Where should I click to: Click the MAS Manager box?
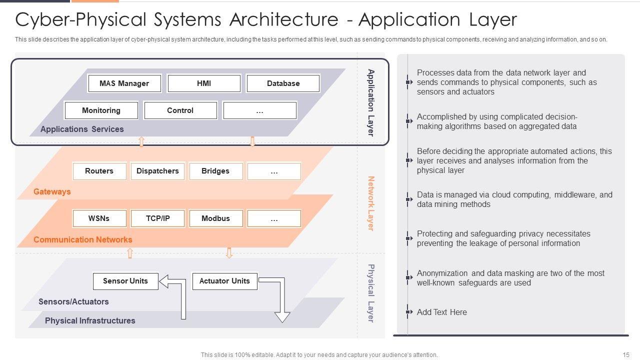point(124,83)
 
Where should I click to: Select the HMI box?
point(204,83)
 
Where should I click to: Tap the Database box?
point(283,83)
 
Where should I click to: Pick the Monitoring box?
point(101,110)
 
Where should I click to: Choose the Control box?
point(180,110)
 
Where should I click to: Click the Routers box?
point(99,171)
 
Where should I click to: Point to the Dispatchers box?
point(157,171)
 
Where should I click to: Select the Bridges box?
point(216,171)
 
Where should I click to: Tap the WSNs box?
point(99,218)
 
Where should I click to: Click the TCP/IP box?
point(157,218)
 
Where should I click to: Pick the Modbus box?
point(216,218)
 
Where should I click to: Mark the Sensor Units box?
point(125,281)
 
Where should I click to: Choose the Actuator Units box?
point(225,281)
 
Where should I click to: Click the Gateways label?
point(52,191)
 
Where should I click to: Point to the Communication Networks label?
point(83,239)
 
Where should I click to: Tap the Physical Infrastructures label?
point(90,321)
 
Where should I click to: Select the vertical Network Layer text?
point(370,203)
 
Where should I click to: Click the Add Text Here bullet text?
point(441,312)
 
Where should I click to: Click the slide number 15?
point(626,355)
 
